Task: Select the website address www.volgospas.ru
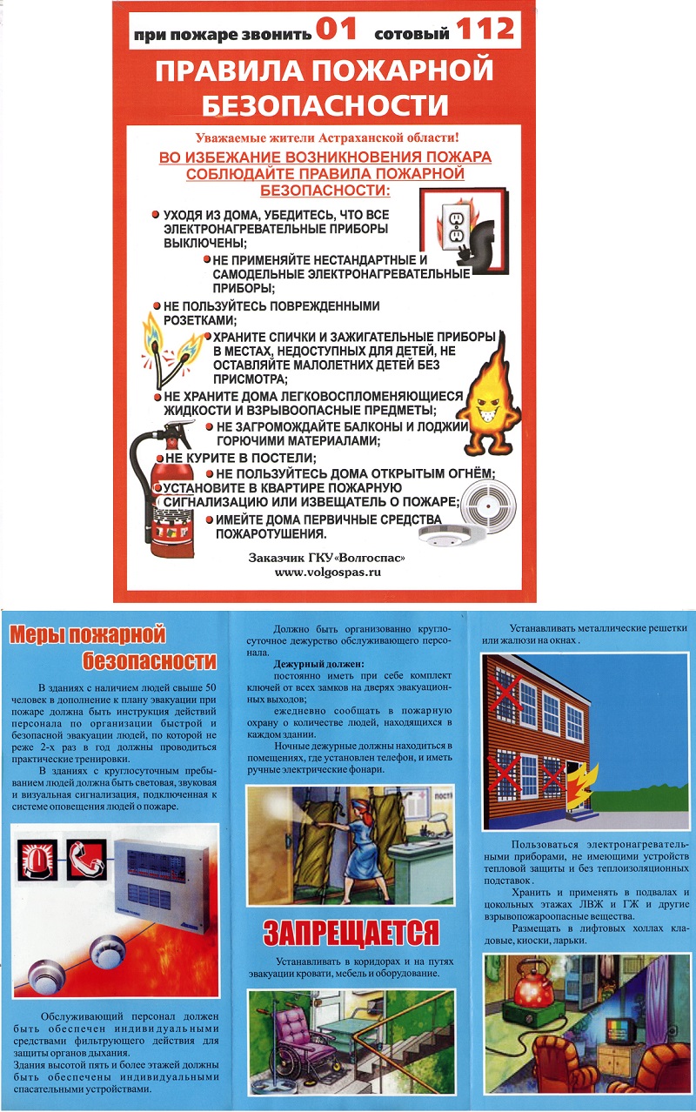point(328,573)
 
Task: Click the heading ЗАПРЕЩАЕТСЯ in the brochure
point(351,933)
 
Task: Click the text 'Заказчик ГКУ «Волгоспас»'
point(328,557)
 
